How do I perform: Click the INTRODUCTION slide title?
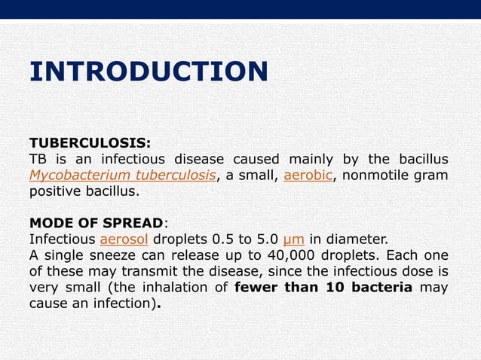coord(149,72)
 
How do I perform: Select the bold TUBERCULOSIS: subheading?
coord(90,142)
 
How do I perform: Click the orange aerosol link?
coord(123,239)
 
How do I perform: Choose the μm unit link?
coord(293,239)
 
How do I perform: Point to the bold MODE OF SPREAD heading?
coord(96,224)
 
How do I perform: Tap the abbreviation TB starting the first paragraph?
coord(38,159)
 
